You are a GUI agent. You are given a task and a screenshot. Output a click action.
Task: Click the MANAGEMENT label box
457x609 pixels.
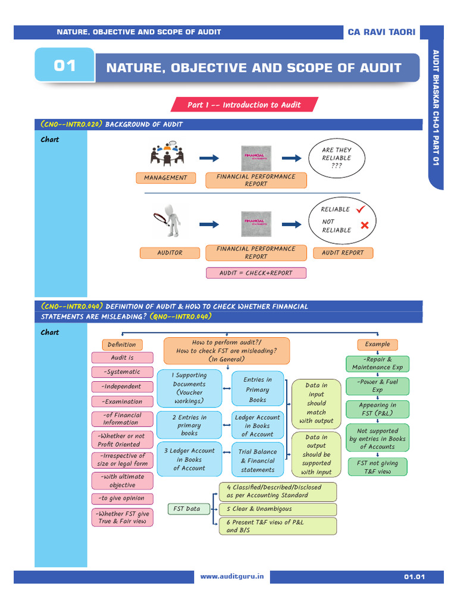point(165,178)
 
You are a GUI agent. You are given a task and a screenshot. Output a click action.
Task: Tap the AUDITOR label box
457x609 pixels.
point(170,253)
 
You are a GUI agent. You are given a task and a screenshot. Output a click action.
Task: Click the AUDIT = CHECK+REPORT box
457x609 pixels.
point(256,273)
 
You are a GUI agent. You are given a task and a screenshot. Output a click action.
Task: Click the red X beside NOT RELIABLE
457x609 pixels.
point(364,225)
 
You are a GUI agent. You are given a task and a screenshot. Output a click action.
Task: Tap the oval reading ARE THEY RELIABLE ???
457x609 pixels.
point(336,158)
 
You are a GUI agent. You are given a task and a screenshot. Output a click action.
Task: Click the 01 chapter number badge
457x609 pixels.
point(65,65)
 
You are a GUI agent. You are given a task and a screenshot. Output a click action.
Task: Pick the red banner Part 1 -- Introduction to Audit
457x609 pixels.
point(245,105)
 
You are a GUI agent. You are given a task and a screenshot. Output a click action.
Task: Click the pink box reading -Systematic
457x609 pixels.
point(122,372)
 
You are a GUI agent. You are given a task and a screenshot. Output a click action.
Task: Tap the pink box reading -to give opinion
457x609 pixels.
point(122,498)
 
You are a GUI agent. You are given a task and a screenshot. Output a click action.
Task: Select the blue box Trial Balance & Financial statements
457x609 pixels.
point(258,461)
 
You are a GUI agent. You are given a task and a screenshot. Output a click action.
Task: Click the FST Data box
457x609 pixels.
point(187,509)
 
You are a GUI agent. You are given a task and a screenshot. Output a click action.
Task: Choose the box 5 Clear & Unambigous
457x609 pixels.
point(277,510)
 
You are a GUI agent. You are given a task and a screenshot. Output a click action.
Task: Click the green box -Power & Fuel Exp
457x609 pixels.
point(377,386)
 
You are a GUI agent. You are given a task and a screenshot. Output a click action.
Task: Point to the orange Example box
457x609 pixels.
point(377,344)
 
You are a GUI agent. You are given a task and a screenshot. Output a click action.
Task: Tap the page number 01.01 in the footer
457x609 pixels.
point(414,577)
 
